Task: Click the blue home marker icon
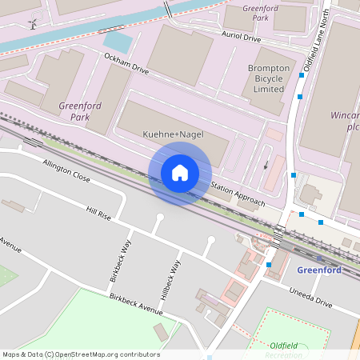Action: click(180, 172)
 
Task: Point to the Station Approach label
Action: click(237, 193)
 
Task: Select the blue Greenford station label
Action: click(318, 270)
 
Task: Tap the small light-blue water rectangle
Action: click(118, 42)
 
